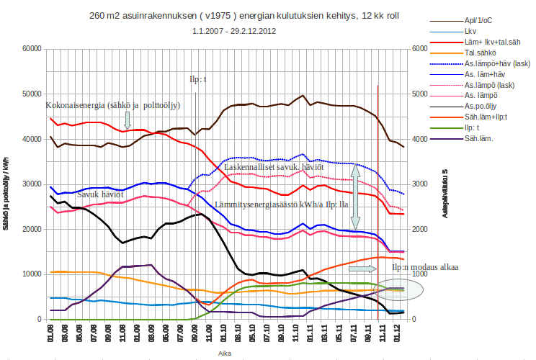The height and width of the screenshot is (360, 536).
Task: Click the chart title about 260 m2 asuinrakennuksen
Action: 233,15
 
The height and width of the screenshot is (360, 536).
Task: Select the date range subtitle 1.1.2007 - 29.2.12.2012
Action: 233,32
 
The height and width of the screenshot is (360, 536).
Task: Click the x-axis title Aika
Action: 225,353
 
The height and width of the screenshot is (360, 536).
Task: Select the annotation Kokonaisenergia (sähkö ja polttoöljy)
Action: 113,105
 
